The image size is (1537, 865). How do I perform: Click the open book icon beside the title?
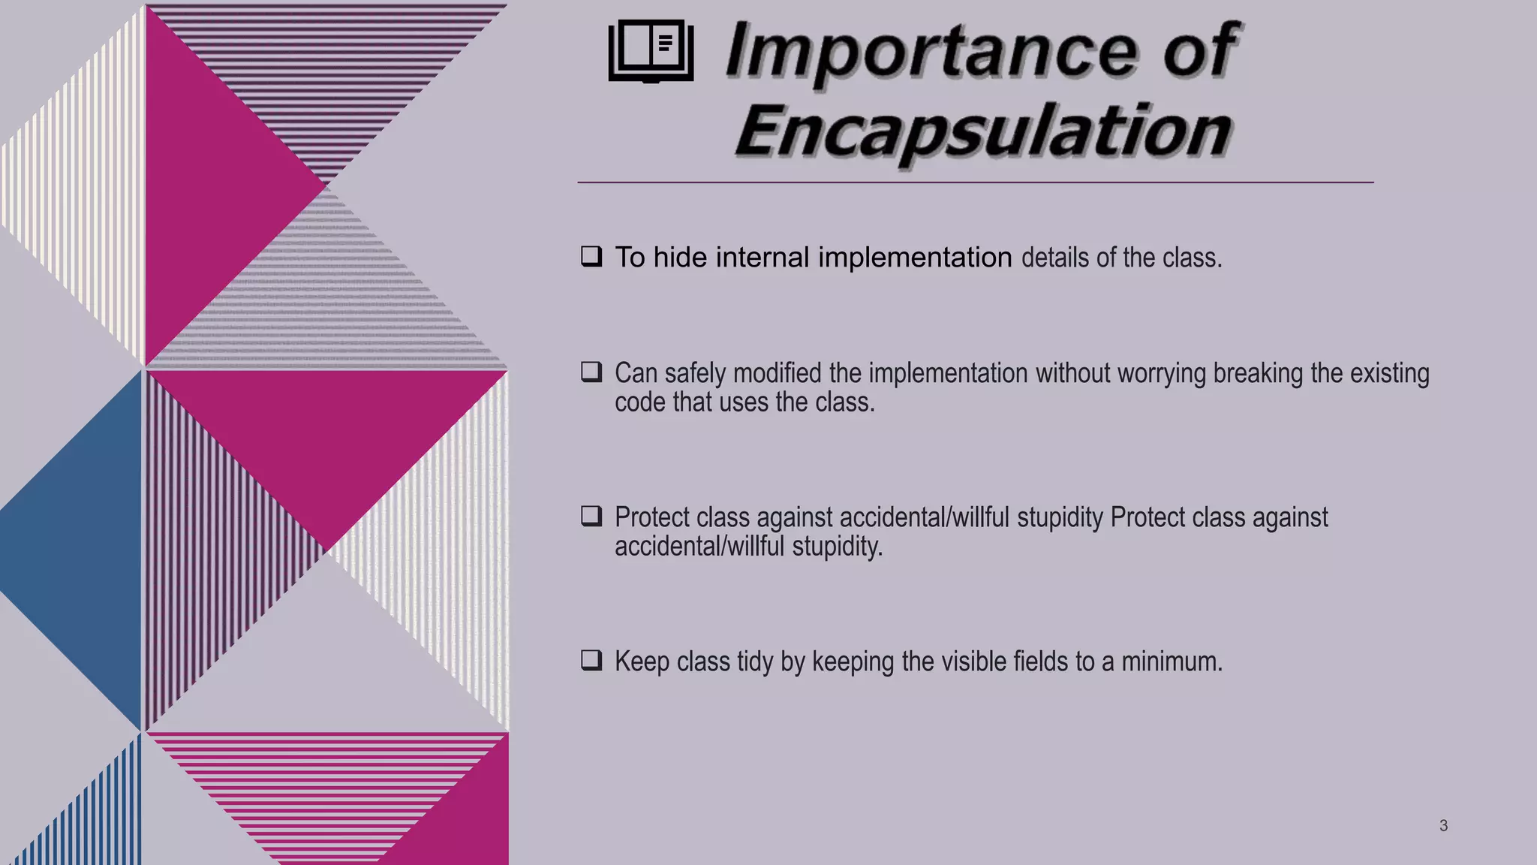tap(651, 50)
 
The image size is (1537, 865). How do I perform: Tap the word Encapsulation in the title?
tap(983, 131)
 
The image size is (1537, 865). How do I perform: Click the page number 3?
tap(1443, 826)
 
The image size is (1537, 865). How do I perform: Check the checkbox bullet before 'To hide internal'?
tap(591, 257)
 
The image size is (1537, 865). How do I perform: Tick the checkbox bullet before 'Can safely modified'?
tap(591, 372)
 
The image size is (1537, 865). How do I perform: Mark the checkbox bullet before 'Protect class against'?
tap(591, 517)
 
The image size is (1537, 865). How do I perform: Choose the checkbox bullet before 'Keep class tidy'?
tap(591, 661)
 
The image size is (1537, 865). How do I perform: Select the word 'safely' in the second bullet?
tap(694, 374)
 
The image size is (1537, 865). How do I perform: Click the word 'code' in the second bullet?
tap(639, 402)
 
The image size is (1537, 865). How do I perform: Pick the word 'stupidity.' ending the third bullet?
tap(838, 547)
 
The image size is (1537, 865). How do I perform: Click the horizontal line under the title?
tap(976, 182)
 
